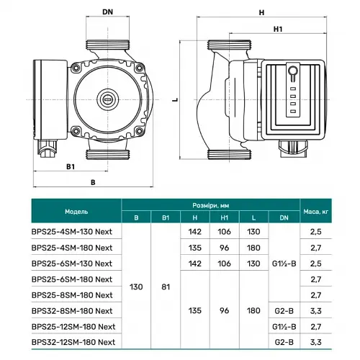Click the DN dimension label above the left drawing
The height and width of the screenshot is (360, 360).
point(109,12)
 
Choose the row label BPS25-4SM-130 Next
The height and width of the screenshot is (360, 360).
point(72,233)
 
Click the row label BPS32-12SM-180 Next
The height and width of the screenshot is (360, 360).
point(75,342)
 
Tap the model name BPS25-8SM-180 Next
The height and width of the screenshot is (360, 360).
point(72,295)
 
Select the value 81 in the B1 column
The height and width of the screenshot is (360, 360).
point(166,287)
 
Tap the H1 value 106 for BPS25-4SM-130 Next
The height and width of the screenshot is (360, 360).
point(223,233)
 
